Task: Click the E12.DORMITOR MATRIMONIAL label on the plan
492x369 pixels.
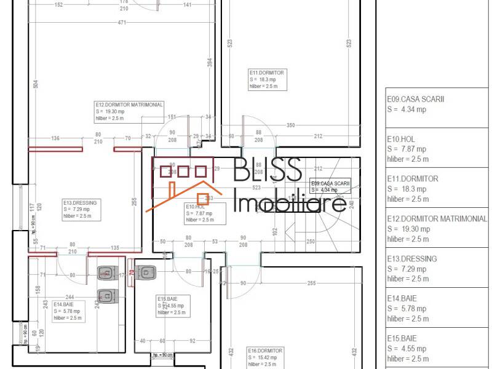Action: [x=129, y=105]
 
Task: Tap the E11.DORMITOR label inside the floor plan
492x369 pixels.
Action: [x=266, y=73]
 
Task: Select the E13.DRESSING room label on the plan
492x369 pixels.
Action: [x=80, y=202]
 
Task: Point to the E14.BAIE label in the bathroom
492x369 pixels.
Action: [x=64, y=304]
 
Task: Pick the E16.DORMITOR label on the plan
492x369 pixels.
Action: [x=265, y=351]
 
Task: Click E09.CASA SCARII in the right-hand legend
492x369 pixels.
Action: [x=416, y=99]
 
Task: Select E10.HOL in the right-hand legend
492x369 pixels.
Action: [x=401, y=139]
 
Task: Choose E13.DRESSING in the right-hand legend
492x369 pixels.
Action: [x=412, y=259]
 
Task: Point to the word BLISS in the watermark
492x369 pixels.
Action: [x=268, y=169]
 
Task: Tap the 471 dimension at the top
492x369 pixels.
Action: [x=122, y=23]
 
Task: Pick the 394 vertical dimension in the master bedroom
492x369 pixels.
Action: [x=209, y=63]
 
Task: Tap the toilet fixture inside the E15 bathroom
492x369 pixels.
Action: [x=145, y=272]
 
